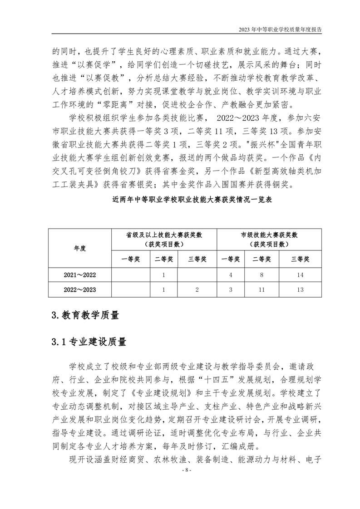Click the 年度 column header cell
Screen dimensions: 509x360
[80, 248]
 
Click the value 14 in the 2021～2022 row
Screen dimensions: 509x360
[300, 274]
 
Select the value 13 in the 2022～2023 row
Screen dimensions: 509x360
[300, 289]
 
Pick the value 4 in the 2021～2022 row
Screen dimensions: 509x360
[231, 274]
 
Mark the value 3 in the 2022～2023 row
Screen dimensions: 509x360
[231, 289]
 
